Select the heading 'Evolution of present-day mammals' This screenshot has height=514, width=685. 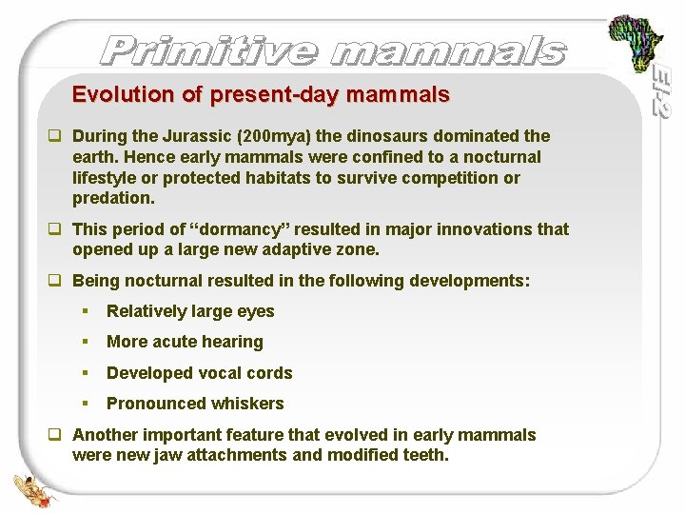coord(261,95)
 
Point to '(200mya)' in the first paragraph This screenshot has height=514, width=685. coord(276,136)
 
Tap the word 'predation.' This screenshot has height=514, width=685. coord(113,198)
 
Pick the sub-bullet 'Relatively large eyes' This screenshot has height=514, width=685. coord(190,311)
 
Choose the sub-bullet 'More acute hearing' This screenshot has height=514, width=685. coord(185,342)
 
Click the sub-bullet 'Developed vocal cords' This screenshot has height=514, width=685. coord(199,373)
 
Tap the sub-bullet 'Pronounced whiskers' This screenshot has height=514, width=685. coord(195,404)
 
